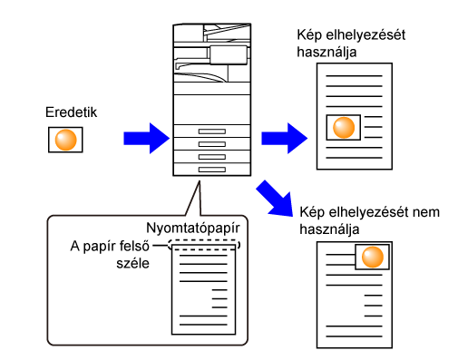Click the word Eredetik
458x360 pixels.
[71, 112]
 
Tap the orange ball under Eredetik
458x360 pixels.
[65, 140]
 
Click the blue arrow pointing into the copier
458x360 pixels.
[146, 139]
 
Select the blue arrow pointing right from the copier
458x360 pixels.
[284, 139]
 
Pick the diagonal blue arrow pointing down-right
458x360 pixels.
[276, 199]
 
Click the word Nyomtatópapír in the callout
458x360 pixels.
[193, 228]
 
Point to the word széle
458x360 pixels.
[132, 263]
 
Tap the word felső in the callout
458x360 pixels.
[133, 246]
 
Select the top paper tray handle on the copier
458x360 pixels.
[212, 131]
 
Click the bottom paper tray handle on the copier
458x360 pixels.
[212, 170]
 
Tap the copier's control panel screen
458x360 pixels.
[229, 55]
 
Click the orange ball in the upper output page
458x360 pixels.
[344, 128]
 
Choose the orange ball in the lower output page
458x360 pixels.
[373, 257]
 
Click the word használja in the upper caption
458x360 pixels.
[326, 52]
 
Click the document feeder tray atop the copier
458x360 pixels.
[228, 33]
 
